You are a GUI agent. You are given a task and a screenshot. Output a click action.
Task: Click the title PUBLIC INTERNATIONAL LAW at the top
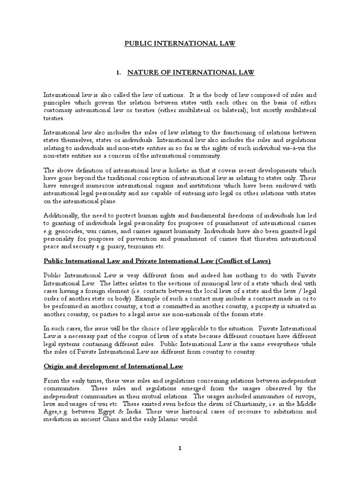pos(180,44)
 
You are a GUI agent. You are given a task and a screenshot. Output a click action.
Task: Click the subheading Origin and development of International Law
pos(113,366)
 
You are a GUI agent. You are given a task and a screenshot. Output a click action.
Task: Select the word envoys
pos(306,395)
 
